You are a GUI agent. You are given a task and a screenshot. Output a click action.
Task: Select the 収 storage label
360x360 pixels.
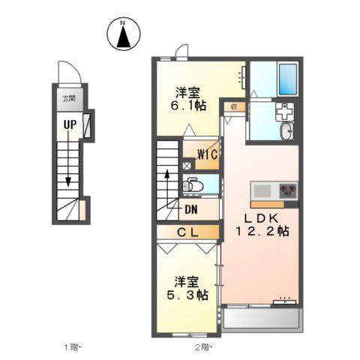(235, 106)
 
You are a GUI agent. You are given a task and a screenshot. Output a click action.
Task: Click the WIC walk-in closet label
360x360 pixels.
(207, 155)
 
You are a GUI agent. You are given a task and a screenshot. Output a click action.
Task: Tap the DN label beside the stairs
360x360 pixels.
(190, 209)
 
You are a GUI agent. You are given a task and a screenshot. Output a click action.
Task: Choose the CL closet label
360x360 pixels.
(187, 232)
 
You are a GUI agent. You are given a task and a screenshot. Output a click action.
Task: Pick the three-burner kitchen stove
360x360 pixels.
(287, 190)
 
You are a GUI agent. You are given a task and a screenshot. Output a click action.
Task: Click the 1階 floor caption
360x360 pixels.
(72, 346)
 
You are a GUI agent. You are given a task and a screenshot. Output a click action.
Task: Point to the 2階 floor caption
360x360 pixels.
(202, 346)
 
